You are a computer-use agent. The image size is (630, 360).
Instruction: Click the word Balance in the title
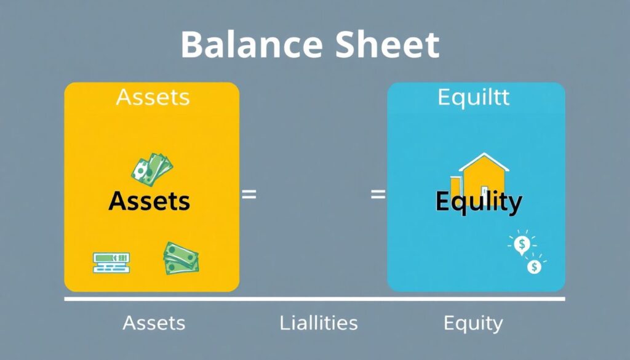(x=245, y=44)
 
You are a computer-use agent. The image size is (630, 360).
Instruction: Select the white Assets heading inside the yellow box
(x=153, y=97)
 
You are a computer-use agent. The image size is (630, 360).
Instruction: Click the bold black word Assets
(x=150, y=201)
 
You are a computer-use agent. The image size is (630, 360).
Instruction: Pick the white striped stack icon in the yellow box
(x=111, y=262)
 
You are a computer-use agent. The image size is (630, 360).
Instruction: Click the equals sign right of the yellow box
(x=249, y=195)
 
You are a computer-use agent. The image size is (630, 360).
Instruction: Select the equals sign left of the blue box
(x=378, y=195)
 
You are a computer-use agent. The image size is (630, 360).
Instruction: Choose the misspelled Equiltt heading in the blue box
(x=474, y=98)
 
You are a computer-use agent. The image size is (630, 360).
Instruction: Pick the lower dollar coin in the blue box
(x=534, y=267)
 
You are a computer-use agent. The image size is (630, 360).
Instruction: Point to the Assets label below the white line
(x=154, y=322)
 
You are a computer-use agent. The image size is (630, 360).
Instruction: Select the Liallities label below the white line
(x=318, y=322)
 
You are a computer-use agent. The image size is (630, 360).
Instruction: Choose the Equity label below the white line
(x=473, y=322)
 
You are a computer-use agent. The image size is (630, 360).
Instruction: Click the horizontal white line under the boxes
(x=314, y=300)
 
